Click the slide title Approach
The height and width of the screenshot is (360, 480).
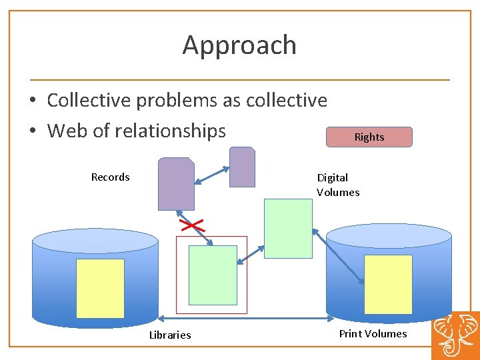tap(239, 45)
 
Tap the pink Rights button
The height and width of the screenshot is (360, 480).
tap(369, 137)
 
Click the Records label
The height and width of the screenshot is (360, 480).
tap(111, 177)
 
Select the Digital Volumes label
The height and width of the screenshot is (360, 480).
tap(338, 185)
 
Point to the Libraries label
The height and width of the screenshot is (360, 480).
tap(170, 335)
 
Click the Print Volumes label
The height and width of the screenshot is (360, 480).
tap(373, 333)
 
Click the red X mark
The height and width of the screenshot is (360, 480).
tap(191, 226)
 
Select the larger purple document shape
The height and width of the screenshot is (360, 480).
tap(176, 184)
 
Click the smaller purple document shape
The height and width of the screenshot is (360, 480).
tap(242, 167)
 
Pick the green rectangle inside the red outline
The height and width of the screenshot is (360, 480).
tap(213, 275)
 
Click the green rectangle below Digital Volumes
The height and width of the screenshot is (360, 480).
tap(288, 228)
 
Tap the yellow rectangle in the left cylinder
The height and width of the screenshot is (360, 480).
tap(100, 288)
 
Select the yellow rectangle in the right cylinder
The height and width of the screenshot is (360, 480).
tap(388, 284)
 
